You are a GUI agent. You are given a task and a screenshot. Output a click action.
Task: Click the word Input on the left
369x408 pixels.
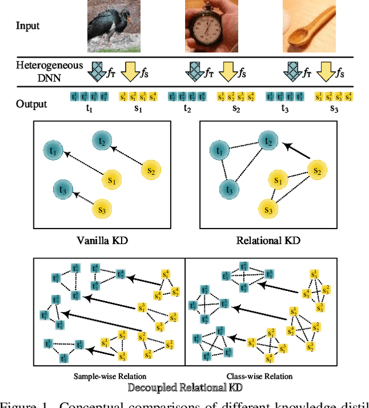[28, 26]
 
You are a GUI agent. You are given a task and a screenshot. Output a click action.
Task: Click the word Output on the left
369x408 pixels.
[32, 104]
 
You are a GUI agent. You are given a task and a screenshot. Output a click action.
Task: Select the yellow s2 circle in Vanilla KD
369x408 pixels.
[150, 170]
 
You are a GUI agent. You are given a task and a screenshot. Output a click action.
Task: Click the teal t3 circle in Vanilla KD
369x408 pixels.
[63, 189]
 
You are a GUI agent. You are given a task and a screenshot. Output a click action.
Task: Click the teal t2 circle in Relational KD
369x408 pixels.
[266, 140]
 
